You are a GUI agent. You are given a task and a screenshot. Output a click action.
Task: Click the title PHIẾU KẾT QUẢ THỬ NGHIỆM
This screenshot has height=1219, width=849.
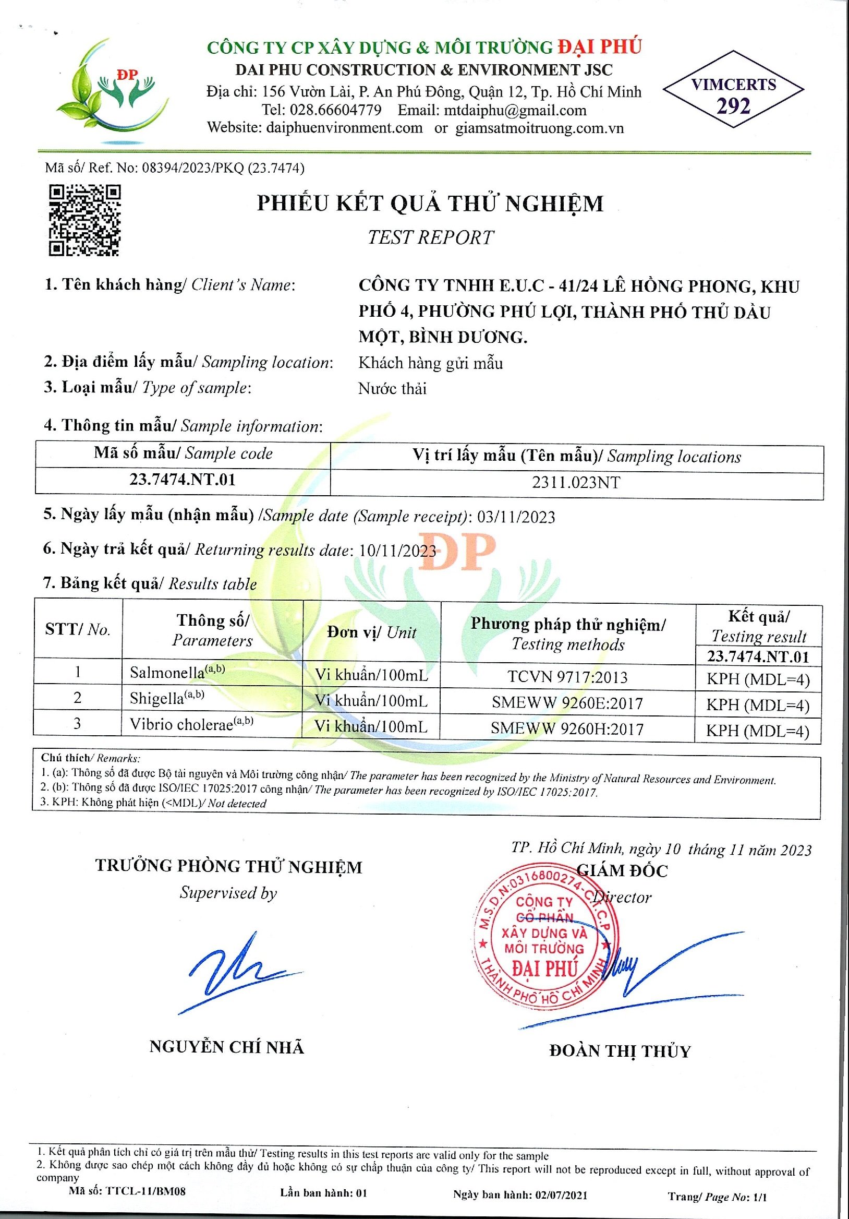[x=430, y=204]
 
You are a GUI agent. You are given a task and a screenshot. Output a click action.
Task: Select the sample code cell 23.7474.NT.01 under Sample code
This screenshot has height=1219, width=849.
[x=183, y=480]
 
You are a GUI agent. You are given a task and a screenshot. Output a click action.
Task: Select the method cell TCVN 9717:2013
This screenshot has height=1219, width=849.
[x=567, y=677]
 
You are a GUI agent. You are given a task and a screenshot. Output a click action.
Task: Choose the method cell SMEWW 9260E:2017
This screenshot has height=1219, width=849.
[x=567, y=703]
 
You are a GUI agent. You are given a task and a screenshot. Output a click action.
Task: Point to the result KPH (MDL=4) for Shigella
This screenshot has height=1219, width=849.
[x=758, y=705]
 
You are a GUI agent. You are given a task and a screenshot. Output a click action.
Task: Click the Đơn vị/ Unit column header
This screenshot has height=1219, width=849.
[x=371, y=632]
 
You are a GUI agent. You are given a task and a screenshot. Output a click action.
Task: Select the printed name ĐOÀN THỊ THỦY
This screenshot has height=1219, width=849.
[x=620, y=1050]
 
